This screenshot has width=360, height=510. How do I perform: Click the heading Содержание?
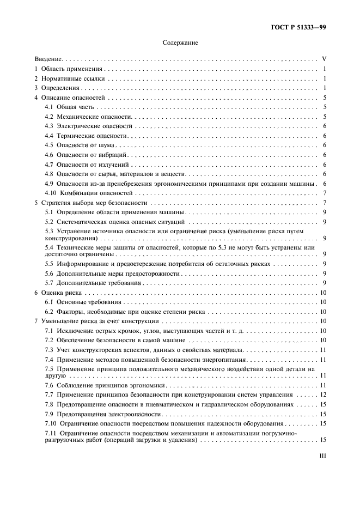point(180,42)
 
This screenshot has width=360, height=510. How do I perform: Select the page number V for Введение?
point(324,58)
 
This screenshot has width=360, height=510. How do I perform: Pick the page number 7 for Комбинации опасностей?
point(324,193)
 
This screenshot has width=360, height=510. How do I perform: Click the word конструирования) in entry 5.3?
point(72,238)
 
